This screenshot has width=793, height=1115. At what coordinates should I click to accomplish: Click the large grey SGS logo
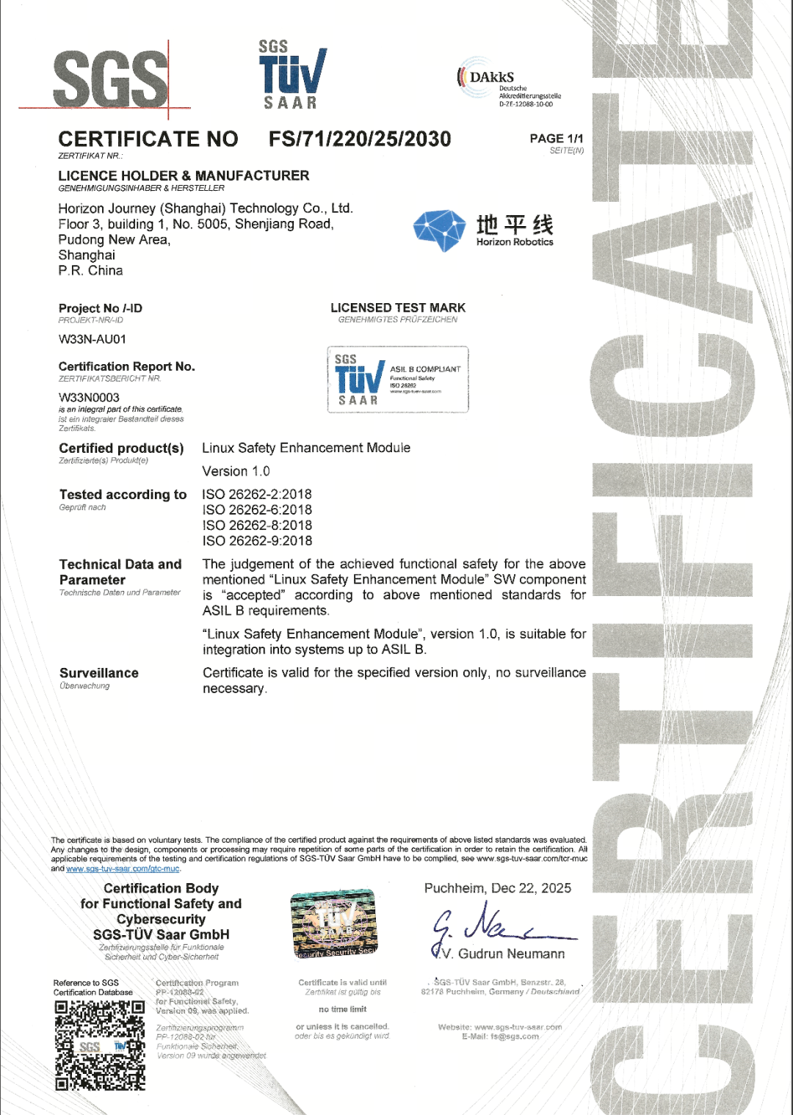(110, 79)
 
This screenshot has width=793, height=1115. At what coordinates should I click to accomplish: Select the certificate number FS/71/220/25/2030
(360, 139)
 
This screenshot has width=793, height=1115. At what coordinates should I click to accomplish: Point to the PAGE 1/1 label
(557, 139)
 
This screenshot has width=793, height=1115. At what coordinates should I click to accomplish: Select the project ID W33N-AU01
(93, 339)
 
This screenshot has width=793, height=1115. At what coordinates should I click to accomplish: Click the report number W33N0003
(89, 397)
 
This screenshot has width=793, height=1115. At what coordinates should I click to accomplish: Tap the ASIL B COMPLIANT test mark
(397, 379)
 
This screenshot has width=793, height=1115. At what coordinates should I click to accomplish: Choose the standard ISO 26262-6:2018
(257, 510)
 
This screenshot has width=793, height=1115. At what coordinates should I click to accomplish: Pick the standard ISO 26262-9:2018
(257, 541)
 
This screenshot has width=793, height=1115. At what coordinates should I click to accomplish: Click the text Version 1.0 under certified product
(236, 471)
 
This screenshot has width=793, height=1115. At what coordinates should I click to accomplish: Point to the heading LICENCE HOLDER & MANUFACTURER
(184, 175)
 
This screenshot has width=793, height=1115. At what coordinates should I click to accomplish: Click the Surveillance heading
(99, 673)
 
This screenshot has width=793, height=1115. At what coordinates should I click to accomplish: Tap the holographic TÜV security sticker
(334, 924)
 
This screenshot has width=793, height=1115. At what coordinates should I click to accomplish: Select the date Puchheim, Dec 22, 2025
(497, 888)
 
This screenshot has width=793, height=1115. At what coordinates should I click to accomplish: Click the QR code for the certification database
(100, 1045)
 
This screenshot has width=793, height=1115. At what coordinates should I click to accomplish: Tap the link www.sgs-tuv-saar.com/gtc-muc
(123, 868)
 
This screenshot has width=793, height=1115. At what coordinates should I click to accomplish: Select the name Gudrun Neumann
(511, 954)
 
